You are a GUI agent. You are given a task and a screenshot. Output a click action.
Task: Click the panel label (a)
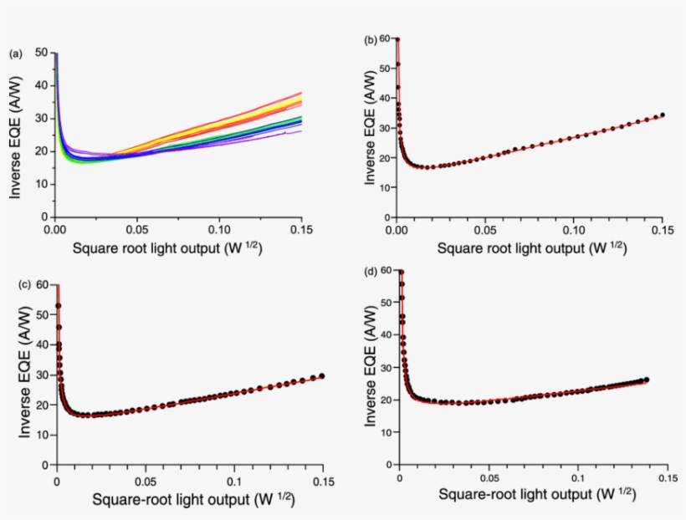click(15, 54)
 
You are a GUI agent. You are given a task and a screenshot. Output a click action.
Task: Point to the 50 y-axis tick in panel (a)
click(41, 53)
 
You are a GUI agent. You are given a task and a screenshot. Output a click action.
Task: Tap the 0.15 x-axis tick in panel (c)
click(323, 482)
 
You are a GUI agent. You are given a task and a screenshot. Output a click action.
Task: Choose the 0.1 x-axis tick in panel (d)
click(577, 477)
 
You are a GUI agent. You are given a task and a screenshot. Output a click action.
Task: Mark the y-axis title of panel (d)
click(371, 368)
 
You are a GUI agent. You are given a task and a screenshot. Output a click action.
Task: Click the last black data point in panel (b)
click(663, 115)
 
